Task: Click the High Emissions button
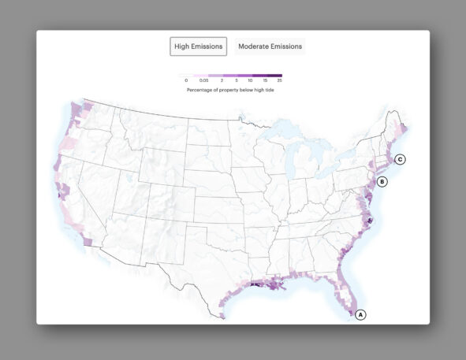tap(199, 46)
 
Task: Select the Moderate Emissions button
tap(270, 46)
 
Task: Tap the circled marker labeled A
tap(361, 314)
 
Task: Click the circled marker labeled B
tap(382, 182)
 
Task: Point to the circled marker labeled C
tap(400, 159)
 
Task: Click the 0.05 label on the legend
tap(203, 81)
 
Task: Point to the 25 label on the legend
tap(279, 81)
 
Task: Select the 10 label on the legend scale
tap(250, 81)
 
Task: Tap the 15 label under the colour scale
tap(266, 81)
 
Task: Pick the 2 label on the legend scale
tap(222, 81)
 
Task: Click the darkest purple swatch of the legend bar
tap(274, 76)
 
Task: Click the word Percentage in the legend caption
tap(201, 90)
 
